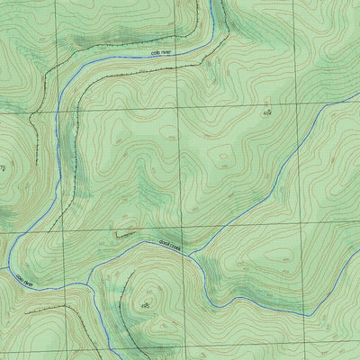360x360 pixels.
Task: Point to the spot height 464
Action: [x=266, y=114]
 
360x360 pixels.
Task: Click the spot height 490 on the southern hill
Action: [x=146, y=306]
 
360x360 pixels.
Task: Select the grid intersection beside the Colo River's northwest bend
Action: [x=56, y=110]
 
